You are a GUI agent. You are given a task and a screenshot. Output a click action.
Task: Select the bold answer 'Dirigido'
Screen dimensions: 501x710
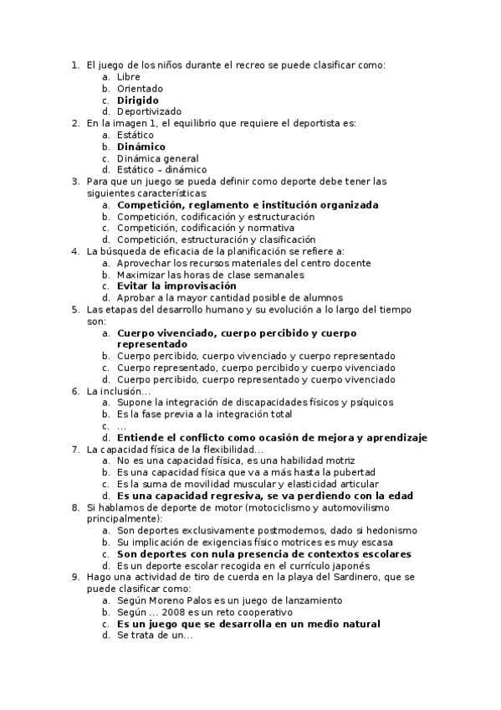pos(137,100)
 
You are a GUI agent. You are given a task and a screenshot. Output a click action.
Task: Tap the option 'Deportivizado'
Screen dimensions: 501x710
pos(149,111)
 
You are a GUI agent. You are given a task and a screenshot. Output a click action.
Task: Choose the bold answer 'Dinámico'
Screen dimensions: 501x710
pos(141,147)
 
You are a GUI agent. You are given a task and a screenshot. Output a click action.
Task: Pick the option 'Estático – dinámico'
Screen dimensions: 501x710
pos(161,170)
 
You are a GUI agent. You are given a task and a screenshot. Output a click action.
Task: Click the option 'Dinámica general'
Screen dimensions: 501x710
pos(157,158)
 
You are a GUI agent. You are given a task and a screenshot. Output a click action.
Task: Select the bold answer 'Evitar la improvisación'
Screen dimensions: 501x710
pos(176,286)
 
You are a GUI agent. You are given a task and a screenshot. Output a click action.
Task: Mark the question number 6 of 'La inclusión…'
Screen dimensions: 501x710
pos(75,391)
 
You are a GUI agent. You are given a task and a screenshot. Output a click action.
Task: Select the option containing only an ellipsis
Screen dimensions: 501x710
pos(121,426)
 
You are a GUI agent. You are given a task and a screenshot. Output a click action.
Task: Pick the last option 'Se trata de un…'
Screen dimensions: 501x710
pos(154,635)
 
